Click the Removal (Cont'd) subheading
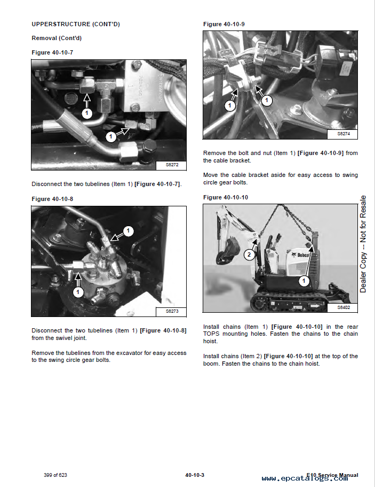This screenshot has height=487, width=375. pyautogui.click(x=57, y=38)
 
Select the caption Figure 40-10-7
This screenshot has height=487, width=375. pyautogui.click(x=52, y=52)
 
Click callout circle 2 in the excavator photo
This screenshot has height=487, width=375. pyautogui.click(x=249, y=254)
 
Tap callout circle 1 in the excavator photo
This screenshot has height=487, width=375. pyautogui.click(x=304, y=280)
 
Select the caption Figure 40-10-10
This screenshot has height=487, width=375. pyautogui.click(x=226, y=197)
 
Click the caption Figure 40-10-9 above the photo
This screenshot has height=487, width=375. pyautogui.click(x=224, y=24)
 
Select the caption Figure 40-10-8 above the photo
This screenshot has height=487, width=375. pyautogui.click(x=52, y=199)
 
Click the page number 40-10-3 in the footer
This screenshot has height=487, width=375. pyautogui.click(x=195, y=475)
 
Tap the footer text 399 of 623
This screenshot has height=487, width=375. pyautogui.click(x=55, y=475)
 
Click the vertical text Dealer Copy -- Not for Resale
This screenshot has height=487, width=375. pyautogui.click(x=363, y=244)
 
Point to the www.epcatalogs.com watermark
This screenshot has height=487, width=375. pyautogui.click(x=305, y=479)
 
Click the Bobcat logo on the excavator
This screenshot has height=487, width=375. pyautogui.click(x=301, y=256)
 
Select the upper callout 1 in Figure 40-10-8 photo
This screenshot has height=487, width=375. pyautogui.click(x=129, y=231)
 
